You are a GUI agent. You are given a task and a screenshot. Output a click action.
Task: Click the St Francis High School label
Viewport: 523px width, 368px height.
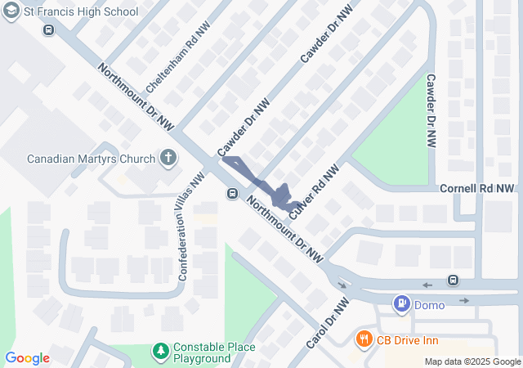[x=81, y=12]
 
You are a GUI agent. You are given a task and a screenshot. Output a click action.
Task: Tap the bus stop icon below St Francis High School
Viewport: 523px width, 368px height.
[x=49, y=30]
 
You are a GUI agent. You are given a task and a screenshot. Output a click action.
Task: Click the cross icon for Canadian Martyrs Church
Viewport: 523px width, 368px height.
[x=169, y=157]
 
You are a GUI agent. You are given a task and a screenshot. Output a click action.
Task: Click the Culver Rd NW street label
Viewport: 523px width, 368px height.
[x=315, y=192]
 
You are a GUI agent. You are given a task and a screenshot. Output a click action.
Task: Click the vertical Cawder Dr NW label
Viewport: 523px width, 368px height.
[x=430, y=110]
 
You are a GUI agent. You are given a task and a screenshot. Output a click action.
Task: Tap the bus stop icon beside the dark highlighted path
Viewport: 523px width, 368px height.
[x=233, y=194]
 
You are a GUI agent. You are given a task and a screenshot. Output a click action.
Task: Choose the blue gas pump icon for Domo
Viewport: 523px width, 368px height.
[x=401, y=304]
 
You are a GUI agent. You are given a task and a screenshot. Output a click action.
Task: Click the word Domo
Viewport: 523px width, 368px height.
[x=430, y=305]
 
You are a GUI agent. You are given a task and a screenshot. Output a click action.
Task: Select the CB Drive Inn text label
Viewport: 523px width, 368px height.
[x=407, y=339]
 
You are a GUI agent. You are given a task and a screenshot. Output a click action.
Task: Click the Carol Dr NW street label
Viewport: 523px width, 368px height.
[x=328, y=321]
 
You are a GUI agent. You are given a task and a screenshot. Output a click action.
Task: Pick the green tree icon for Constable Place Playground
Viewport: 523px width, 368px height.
[x=161, y=352]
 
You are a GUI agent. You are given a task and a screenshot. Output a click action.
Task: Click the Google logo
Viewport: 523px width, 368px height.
[x=27, y=358]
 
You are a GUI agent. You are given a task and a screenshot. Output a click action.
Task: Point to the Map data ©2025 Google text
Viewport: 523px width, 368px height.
[x=472, y=361]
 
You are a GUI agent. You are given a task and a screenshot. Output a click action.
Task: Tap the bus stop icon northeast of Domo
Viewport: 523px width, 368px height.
[x=453, y=280]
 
